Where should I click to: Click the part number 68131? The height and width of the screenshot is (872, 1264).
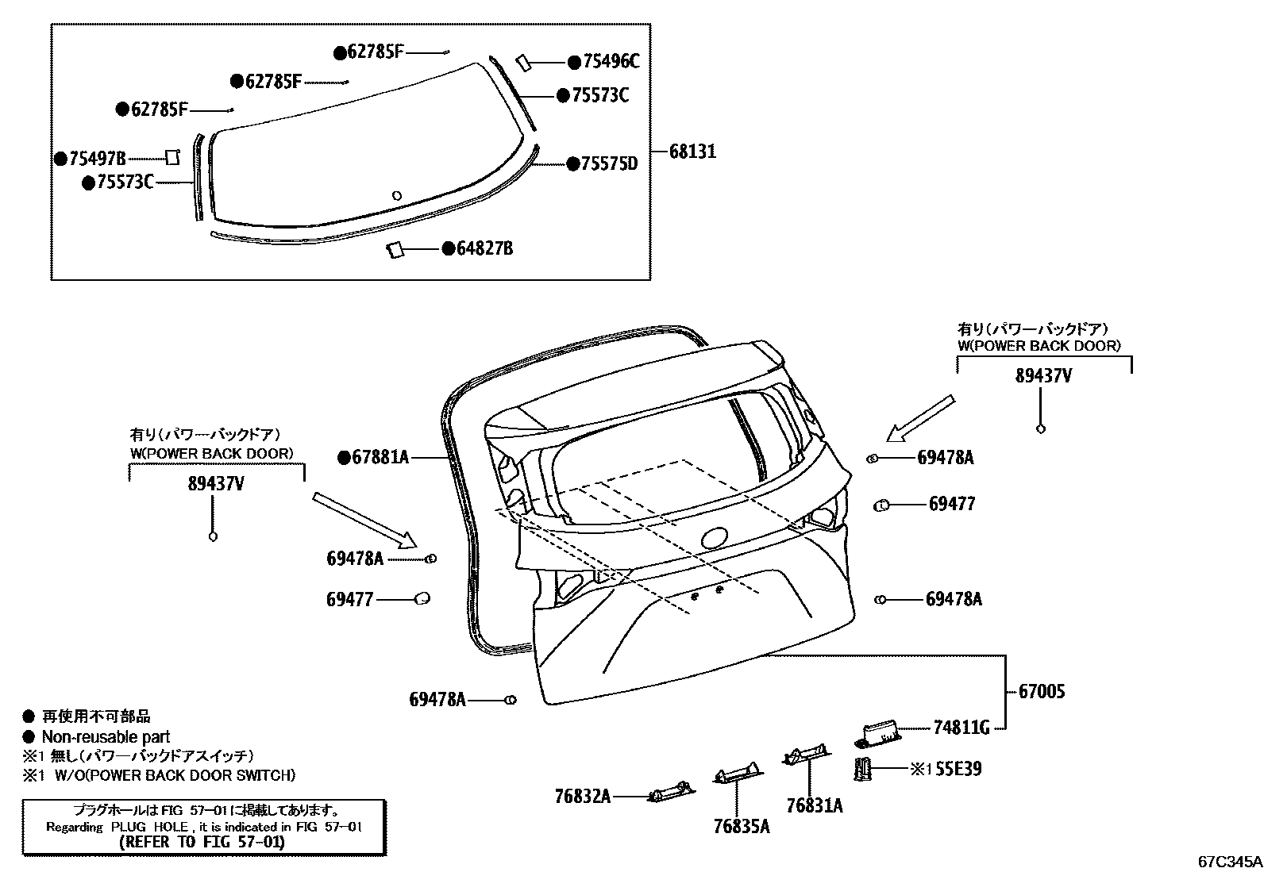pyautogui.click(x=692, y=151)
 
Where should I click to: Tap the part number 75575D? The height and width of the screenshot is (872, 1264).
pyautogui.click(x=609, y=164)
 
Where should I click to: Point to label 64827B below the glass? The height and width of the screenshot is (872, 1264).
pyautogui.click(x=484, y=249)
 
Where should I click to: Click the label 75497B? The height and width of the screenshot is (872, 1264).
pyautogui.click(x=98, y=159)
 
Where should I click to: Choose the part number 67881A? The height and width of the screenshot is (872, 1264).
pyautogui.click(x=380, y=457)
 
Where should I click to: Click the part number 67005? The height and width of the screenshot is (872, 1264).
pyautogui.click(x=1041, y=691)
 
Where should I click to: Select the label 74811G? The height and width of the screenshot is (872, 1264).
pyautogui.click(x=961, y=727)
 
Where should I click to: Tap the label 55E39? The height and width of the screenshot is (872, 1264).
pyautogui.click(x=958, y=769)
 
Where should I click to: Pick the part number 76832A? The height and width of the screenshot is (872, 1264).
pyautogui.click(x=583, y=796)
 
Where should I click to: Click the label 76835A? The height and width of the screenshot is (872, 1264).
pyautogui.click(x=742, y=826)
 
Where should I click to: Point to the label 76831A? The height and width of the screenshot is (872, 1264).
pyautogui.click(x=815, y=805)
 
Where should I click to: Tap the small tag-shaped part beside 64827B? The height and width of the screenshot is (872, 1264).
pyautogui.click(x=395, y=250)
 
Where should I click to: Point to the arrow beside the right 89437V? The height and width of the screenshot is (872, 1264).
pyautogui.click(x=921, y=417)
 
